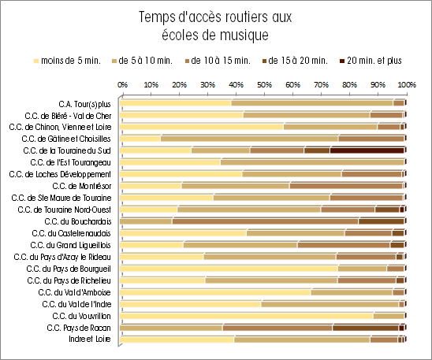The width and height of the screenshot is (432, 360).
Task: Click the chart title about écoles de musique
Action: click(215, 26)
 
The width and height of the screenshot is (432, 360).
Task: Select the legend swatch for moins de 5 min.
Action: click(35, 61)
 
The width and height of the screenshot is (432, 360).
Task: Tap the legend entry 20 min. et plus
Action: click(371, 61)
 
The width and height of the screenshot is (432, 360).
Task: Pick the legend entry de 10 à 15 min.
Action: click(218, 61)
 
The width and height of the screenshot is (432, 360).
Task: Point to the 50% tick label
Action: click(265, 84)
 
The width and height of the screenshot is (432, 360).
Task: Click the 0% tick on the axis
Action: click(123, 84)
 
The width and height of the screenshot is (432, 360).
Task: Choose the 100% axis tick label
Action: click(407, 84)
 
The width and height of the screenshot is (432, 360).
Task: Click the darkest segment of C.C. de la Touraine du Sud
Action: click(367, 150)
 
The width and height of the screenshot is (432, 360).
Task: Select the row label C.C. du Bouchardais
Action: click(78, 221)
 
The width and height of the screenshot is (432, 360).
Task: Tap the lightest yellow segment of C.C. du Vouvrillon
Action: click(247, 316)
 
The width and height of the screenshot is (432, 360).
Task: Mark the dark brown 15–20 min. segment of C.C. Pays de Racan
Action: click(366, 328)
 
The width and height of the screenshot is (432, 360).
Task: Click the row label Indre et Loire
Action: click(90, 339)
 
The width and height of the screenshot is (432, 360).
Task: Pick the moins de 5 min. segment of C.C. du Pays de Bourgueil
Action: click(229, 269)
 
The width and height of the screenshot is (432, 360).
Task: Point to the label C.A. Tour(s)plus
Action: click(84, 104)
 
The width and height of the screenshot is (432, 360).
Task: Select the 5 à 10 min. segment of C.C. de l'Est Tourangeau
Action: click(312, 162)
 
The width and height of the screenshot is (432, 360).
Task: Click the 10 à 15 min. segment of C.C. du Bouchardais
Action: click(266, 221)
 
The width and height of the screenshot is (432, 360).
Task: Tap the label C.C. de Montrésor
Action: click(82, 187)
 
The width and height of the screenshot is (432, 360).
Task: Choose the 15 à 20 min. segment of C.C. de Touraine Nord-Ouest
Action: click(387, 210)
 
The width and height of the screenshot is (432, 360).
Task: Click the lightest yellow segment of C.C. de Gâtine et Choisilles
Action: click(140, 139)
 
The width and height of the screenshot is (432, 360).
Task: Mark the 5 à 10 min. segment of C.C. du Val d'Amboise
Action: click(352, 292)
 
